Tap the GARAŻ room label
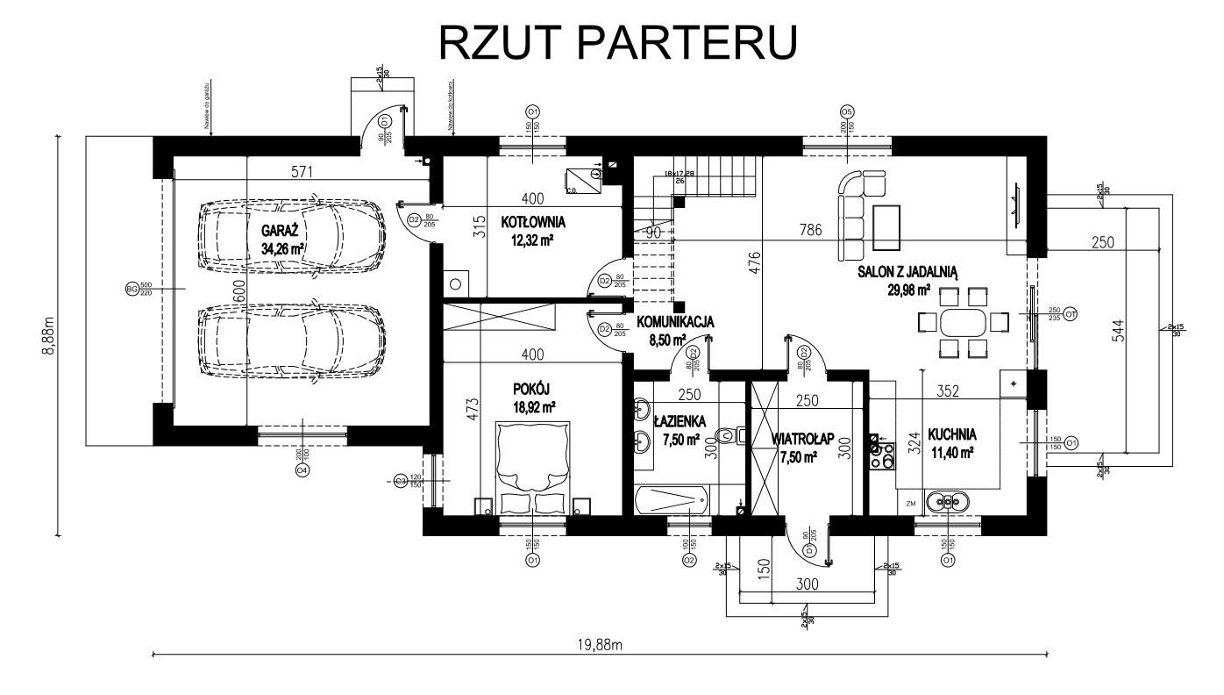[x=281, y=231]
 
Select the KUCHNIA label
[x=951, y=433]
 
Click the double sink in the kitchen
[x=950, y=502]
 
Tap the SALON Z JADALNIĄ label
[x=907, y=274]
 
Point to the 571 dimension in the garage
[x=302, y=172]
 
